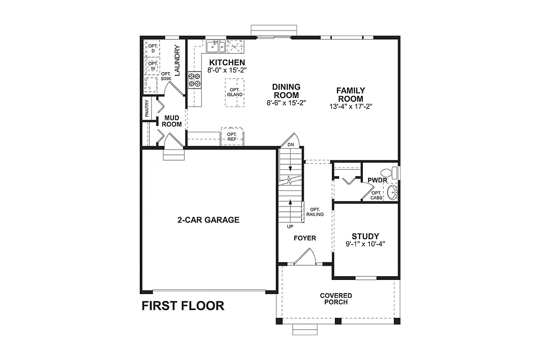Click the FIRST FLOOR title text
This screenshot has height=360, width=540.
click(182, 306)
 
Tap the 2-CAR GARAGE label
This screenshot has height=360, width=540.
click(208, 220)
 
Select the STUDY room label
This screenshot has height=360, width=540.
click(365, 236)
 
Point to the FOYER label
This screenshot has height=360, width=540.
click(305, 238)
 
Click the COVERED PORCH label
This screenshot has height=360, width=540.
click(336, 299)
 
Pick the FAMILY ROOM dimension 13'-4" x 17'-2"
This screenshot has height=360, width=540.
click(350, 106)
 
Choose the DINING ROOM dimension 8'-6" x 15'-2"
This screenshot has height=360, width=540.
click(286, 103)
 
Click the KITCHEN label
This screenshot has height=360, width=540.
click(227, 63)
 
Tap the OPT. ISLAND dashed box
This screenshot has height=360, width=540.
click(234, 93)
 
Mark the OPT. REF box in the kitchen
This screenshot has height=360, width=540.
click(232, 137)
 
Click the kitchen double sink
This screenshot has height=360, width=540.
click(215, 48)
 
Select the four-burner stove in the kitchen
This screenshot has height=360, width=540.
click(195, 79)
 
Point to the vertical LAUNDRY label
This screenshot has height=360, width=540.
click(177, 60)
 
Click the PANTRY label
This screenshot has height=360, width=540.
click(147, 109)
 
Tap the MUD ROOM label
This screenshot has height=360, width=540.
click(172, 121)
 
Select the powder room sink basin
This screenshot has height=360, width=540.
click(392, 193)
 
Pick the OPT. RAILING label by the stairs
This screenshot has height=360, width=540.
click(315, 211)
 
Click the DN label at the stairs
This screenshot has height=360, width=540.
click(291, 144)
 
